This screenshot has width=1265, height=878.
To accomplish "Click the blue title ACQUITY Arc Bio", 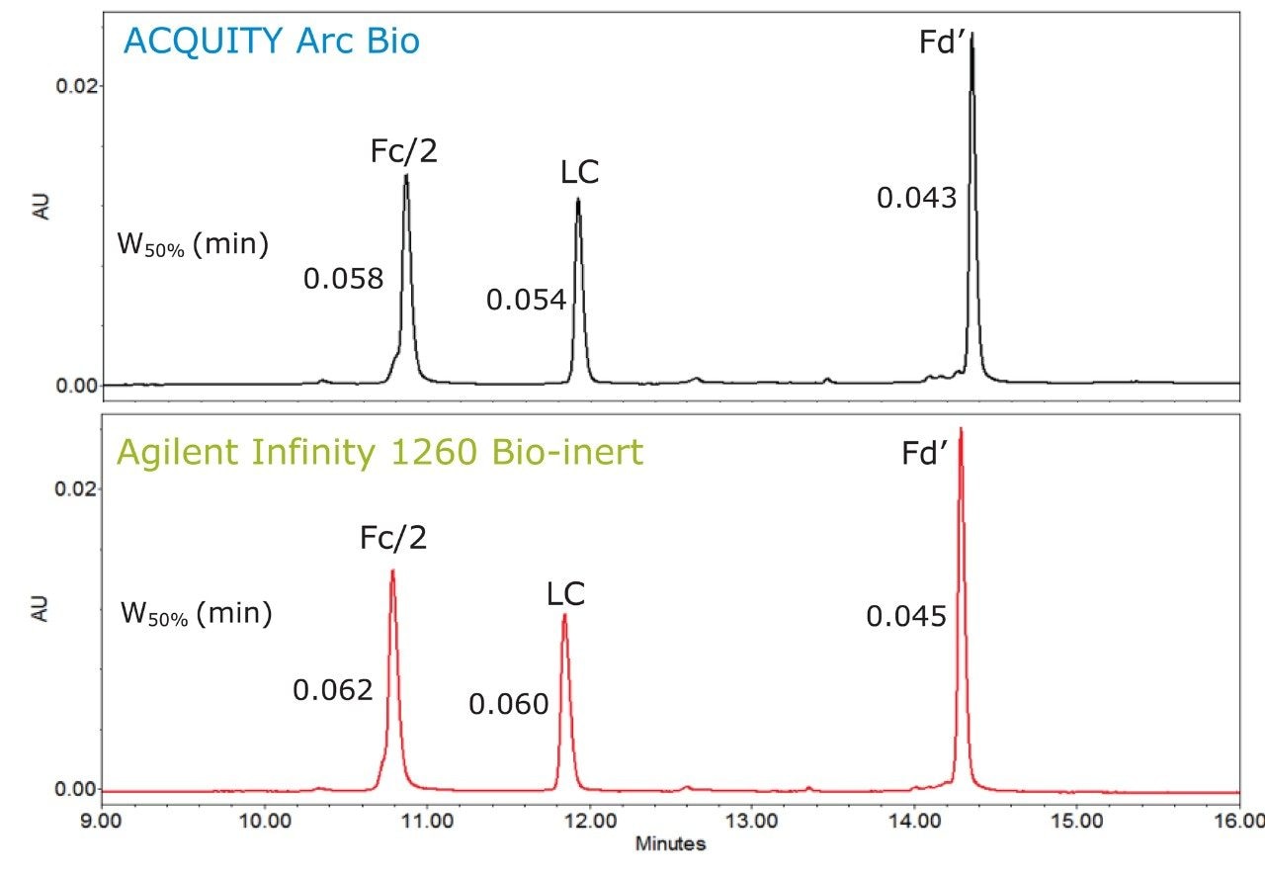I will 271,42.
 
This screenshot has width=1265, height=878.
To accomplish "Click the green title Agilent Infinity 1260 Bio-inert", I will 379,452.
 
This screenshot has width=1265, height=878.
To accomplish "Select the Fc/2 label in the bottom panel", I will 394,538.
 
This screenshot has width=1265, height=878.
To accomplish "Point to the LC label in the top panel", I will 577,172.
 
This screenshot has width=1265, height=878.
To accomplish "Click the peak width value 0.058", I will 343,279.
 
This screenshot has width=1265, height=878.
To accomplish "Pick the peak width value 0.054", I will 526,300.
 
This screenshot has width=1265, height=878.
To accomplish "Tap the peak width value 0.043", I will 916,198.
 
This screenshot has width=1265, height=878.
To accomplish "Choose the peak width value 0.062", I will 332,689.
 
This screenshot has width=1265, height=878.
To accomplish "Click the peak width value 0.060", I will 508,704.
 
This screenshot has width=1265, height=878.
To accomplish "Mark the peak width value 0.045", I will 906,617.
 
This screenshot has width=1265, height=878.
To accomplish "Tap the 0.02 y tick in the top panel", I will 72,86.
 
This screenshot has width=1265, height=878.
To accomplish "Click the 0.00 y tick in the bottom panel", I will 72,790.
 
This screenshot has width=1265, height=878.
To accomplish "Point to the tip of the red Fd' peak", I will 960,430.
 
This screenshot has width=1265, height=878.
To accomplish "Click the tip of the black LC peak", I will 578,200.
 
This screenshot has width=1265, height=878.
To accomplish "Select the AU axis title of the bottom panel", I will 41,608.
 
